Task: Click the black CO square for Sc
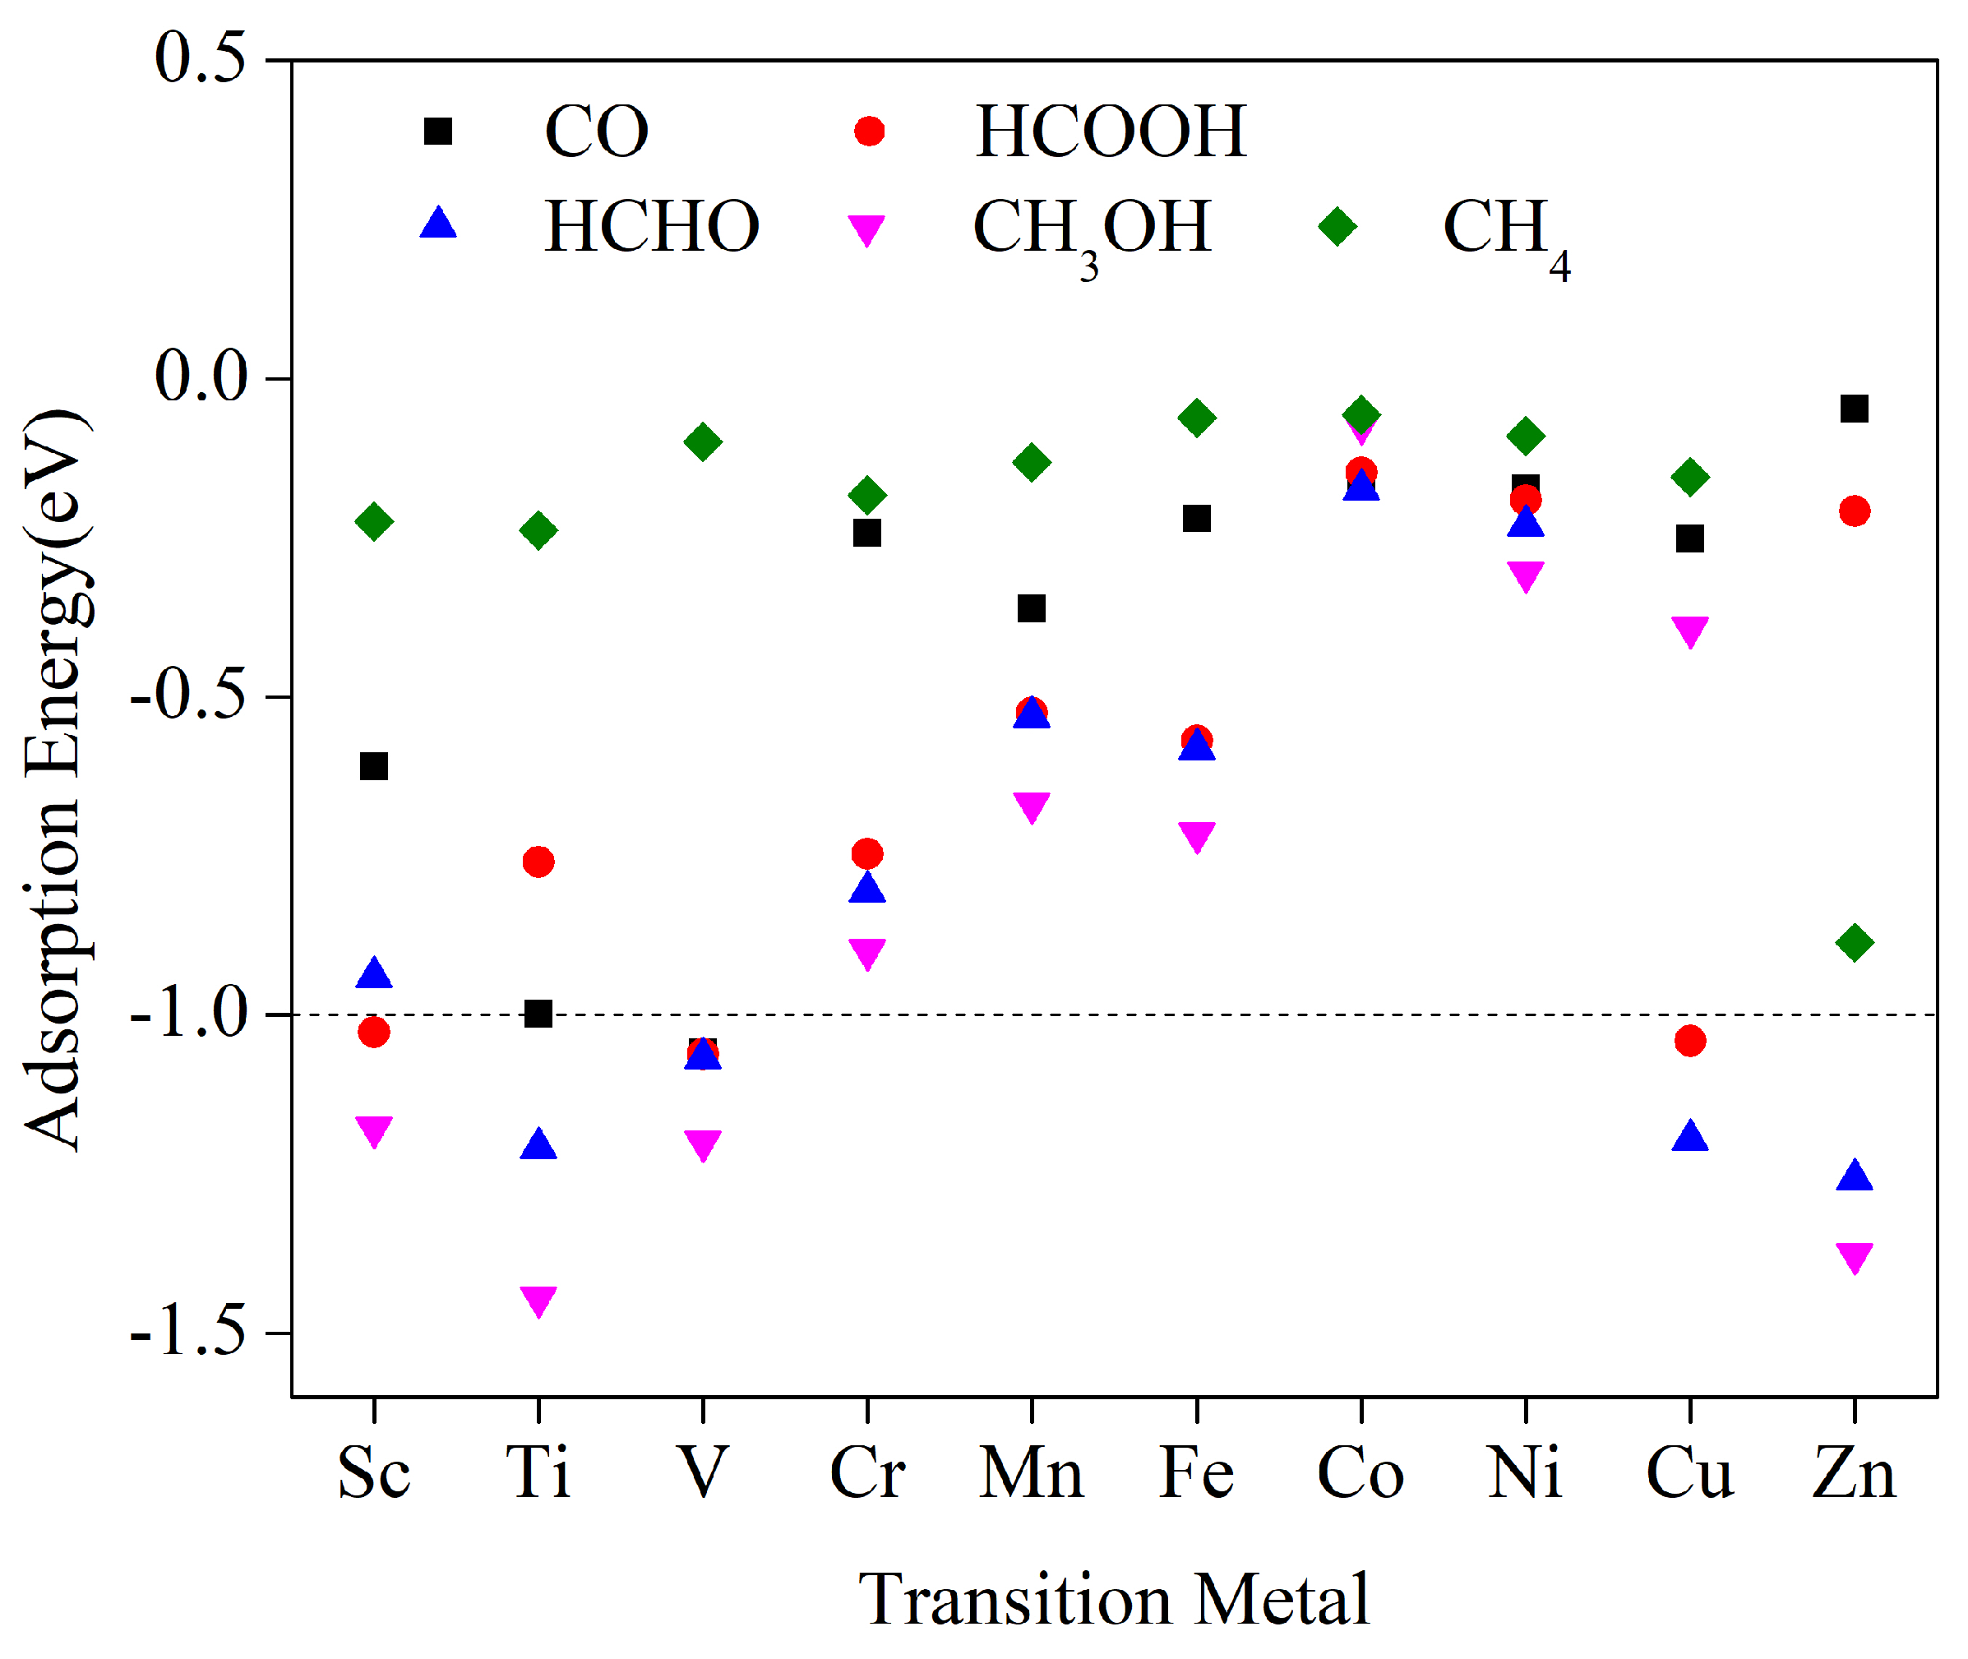click(374, 766)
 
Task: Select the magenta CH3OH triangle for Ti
click(538, 1300)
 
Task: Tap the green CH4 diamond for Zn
click(1853, 941)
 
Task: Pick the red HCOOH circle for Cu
click(1689, 1040)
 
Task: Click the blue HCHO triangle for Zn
click(1853, 1176)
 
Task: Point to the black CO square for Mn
click(1032, 608)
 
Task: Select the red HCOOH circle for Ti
click(538, 862)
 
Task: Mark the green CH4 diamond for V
click(702, 441)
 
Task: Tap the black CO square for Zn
click(1853, 408)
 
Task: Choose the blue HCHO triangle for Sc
click(374, 973)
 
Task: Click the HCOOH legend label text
click(1111, 132)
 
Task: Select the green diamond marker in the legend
click(1336, 226)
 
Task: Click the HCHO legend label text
click(652, 227)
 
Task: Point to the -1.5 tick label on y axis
click(188, 1332)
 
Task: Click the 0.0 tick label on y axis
click(201, 377)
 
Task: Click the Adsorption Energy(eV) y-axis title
click(57, 781)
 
